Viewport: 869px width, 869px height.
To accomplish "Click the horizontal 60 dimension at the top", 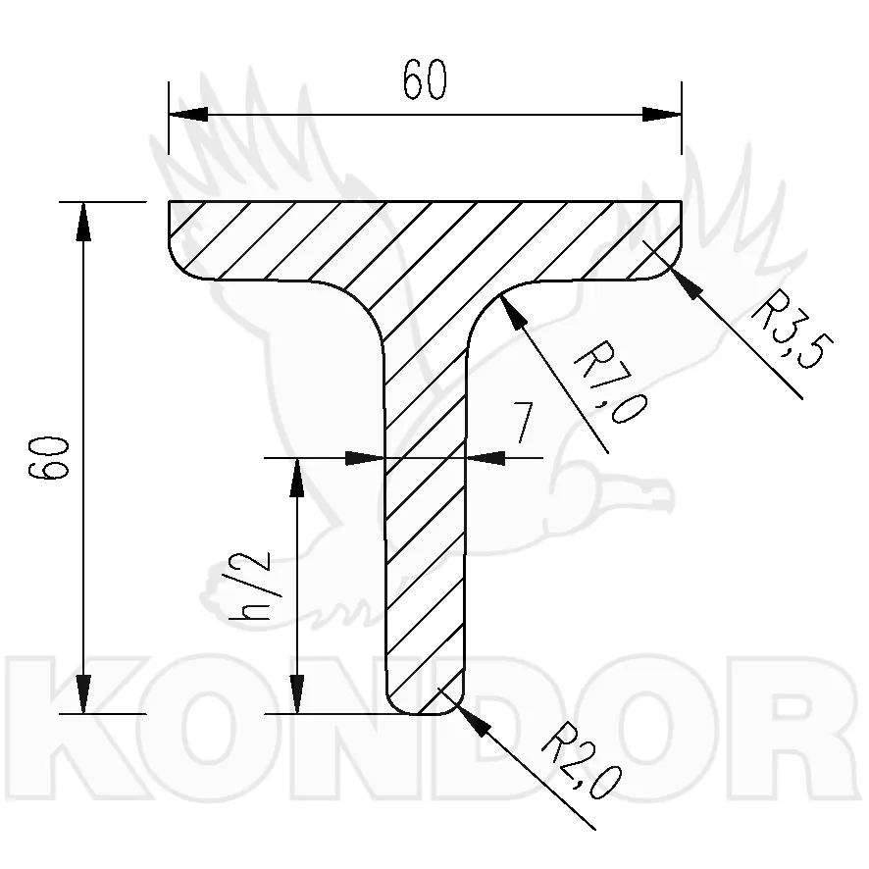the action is (424, 79).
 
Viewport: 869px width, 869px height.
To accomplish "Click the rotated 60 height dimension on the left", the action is (48, 458).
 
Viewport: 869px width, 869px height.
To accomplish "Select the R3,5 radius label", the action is (792, 330).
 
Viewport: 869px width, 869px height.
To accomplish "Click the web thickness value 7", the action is (522, 423).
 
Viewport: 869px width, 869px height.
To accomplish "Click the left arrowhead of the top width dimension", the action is (188, 115).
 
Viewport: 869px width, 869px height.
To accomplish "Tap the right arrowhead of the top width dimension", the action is (662, 115).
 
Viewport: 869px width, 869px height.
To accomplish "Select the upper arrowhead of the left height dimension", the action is (83, 221).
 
